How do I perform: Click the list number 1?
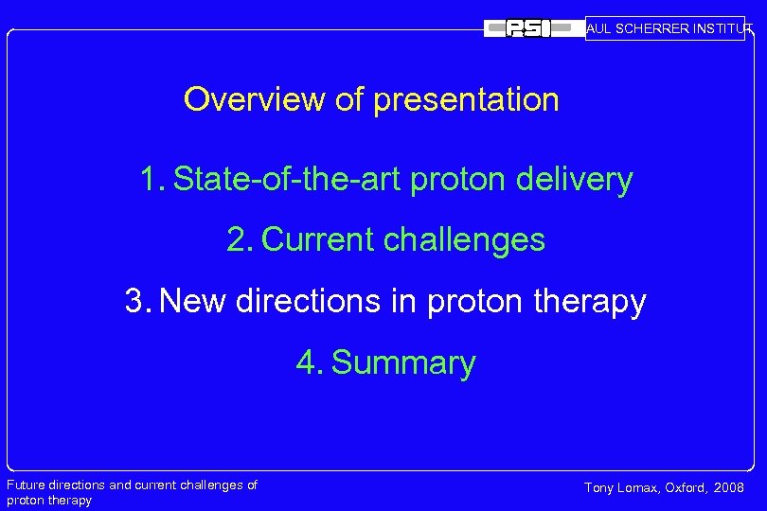(152, 179)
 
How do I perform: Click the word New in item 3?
(194, 302)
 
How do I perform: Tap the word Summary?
(404, 363)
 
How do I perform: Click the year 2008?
(729, 488)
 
